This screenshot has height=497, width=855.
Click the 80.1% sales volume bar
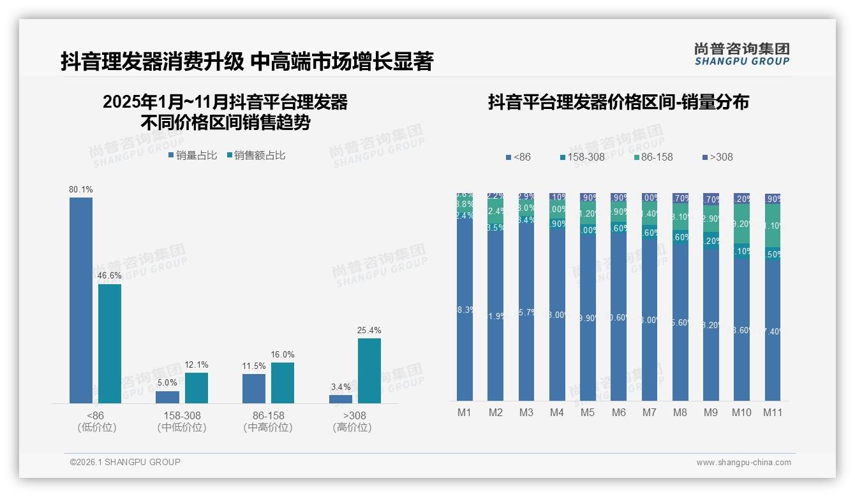(81, 300)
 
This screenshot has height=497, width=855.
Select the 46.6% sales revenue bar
(110, 343)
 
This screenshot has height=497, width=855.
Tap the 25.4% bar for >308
(369, 371)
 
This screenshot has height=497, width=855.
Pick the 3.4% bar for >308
(341, 399)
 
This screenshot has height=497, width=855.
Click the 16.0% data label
(282, 355)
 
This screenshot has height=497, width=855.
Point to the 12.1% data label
(197, 365)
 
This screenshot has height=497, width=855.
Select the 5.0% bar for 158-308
(167, 396)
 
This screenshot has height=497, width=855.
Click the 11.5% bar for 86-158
(254, 388)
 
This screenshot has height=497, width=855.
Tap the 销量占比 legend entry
(192, 155)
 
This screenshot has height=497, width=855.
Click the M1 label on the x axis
(465, 413)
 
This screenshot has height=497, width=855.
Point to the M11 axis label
(773, 413)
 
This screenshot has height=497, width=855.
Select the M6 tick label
(618, 413)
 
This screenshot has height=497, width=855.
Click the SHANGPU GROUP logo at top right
(741, 54)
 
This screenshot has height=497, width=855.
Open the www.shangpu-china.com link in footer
(743, 463)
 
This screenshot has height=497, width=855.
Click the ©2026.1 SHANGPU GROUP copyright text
(125, 462)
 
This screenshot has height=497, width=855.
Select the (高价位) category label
(352, 428)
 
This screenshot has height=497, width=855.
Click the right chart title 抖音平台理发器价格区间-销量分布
(618, 102)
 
